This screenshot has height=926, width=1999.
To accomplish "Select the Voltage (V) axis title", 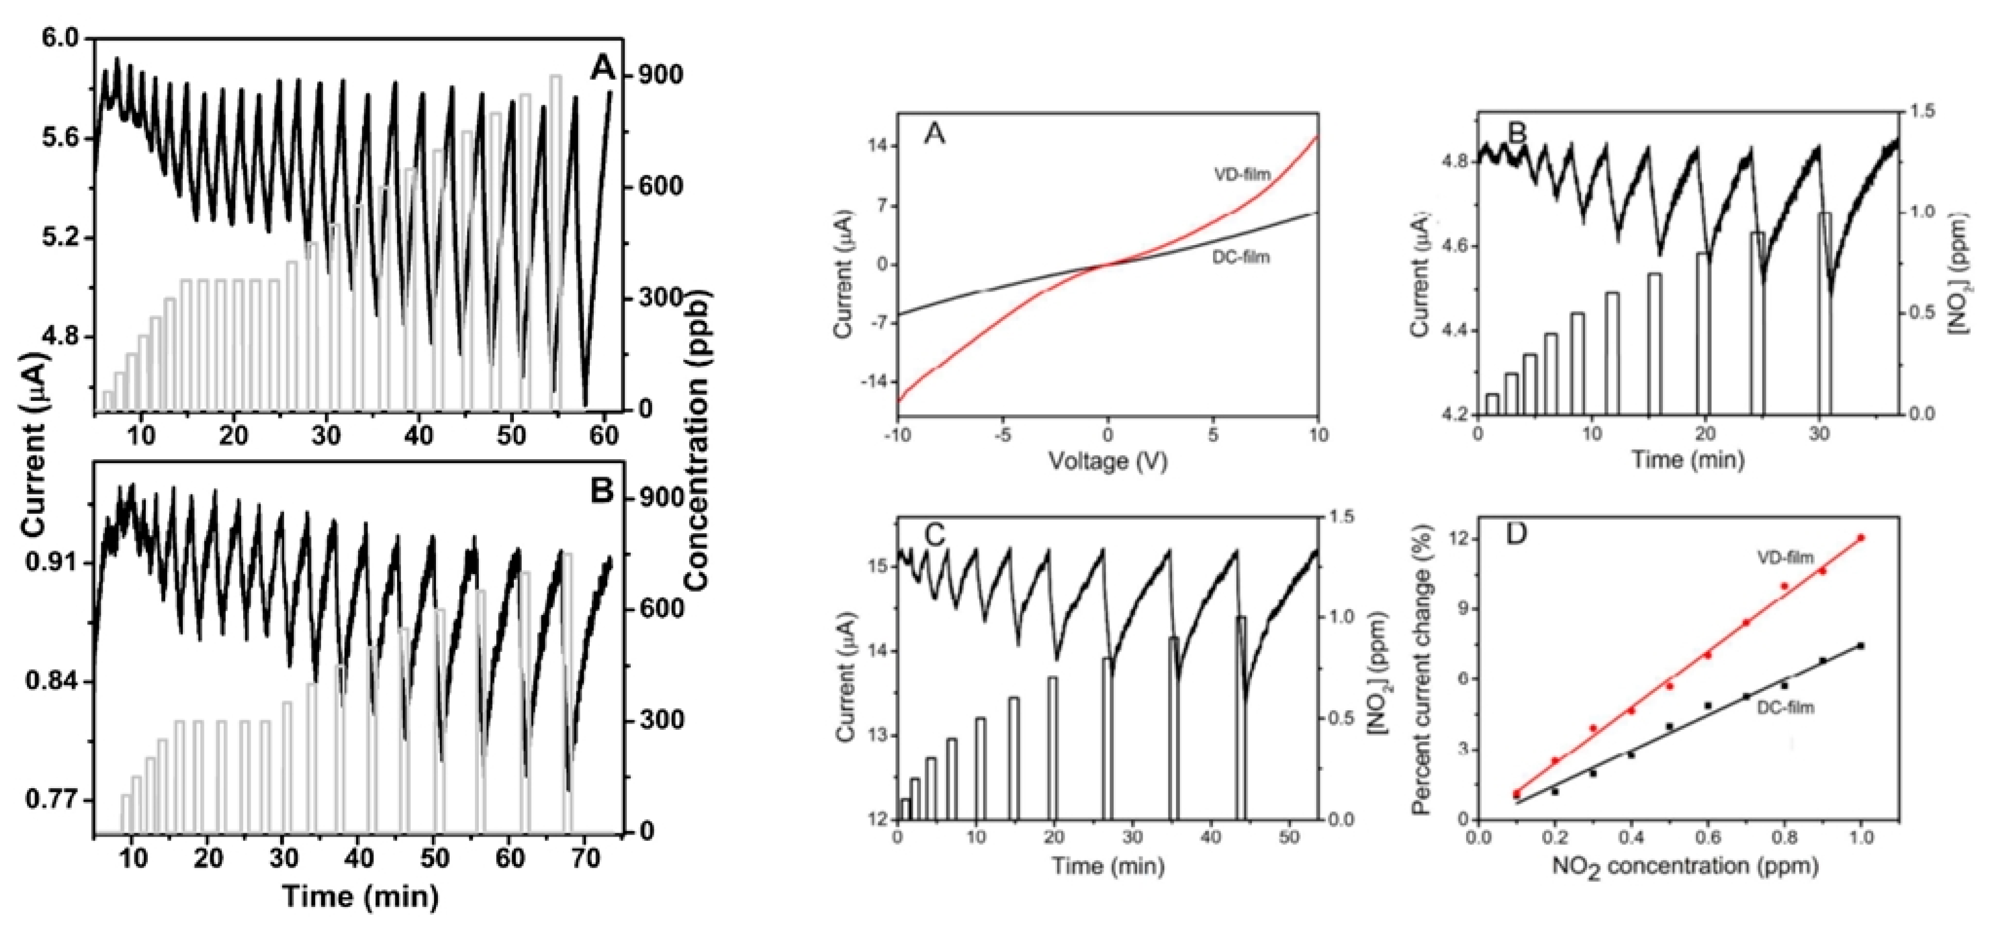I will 1108,461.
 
